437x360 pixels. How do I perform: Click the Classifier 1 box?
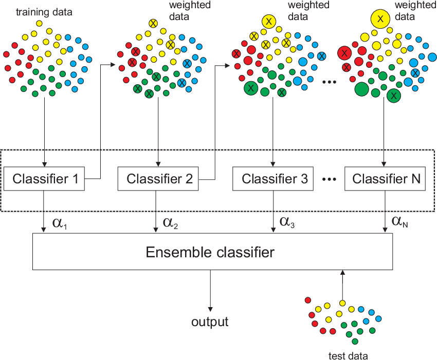pos(46,179)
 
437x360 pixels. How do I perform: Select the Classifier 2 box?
pos(159,179)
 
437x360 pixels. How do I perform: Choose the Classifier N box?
pos(387,179)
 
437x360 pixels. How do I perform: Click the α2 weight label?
pos(170,222)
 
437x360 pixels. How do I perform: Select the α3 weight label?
pos(286,222)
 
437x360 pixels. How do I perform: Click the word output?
pos(210,322)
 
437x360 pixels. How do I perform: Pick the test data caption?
pos(349,355)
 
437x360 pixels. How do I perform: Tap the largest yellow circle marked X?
pos(380,19)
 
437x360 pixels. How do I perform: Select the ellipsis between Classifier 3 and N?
pos(329,180)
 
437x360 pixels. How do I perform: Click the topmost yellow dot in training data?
pos(40,24)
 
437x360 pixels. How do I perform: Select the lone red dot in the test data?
pos(307,300)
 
